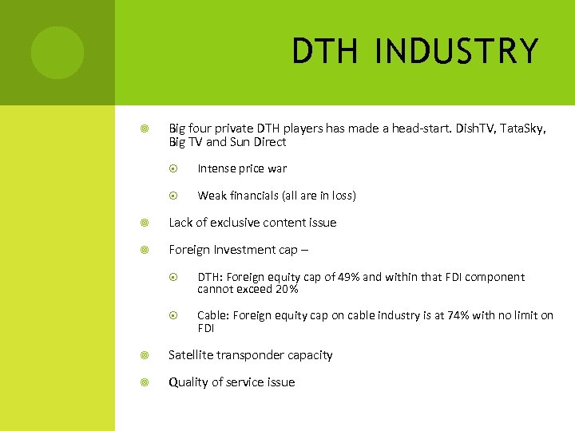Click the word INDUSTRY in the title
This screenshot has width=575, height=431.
point(457,52)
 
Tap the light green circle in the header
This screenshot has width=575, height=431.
point(57,53)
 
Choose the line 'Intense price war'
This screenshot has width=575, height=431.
point(242,169)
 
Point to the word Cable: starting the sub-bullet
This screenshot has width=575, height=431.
point(213,315)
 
